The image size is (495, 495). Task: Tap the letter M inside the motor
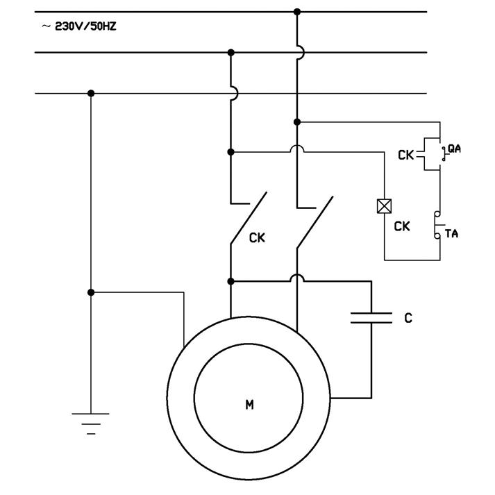point(249,404)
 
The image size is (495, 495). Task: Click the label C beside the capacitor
point(408,318)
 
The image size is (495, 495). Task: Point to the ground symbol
point(91,421)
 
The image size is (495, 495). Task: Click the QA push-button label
point(454,148)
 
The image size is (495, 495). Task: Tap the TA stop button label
point(451,234)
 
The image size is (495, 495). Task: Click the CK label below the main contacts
point(257,237)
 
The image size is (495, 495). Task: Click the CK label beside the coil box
point(402,226)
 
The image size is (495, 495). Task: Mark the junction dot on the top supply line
point(297,12)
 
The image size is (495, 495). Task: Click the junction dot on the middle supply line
point(231,52)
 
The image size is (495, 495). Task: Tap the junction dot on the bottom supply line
point(91,93)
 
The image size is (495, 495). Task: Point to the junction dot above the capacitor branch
point(231,281)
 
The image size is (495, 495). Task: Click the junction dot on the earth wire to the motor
point(91,293)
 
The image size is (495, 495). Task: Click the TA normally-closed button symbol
point(437,226)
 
